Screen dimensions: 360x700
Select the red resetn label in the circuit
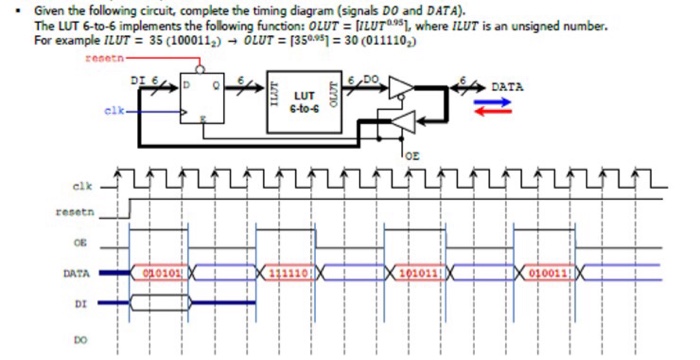103,61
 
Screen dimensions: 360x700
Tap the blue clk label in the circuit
113,110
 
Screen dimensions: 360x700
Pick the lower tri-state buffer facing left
400,122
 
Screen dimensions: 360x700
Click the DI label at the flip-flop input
139,79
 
